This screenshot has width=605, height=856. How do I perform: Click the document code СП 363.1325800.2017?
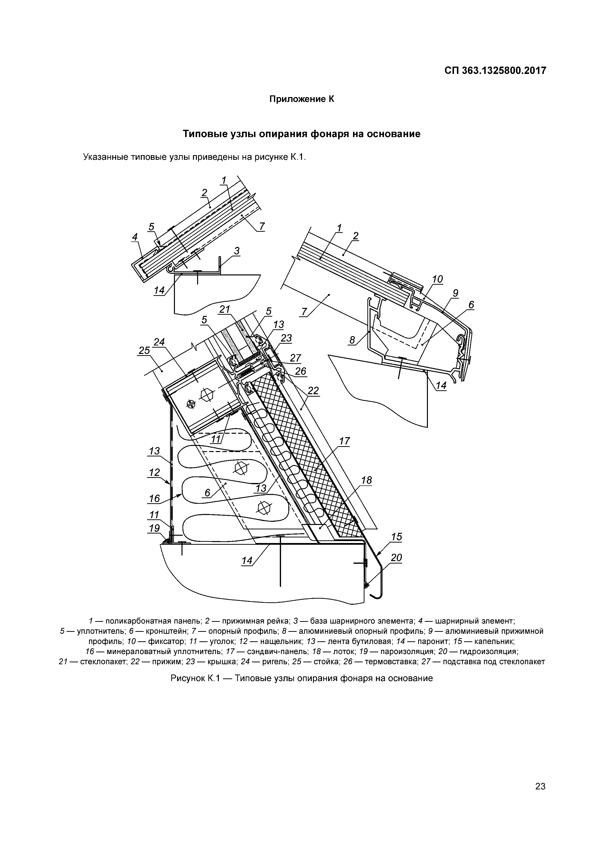(495, 70)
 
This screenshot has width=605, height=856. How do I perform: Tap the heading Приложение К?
(302, 100)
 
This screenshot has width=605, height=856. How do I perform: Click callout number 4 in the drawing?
(135, 236)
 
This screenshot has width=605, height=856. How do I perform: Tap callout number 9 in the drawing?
(455, 293)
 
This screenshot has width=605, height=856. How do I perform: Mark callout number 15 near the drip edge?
(397, 537)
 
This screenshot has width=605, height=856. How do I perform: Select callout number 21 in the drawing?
(225, 309)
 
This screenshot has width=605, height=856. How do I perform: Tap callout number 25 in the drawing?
(144, 351)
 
